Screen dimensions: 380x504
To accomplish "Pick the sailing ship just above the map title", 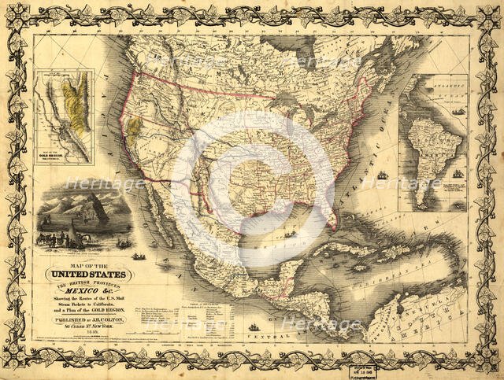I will (x=139, y=256).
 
